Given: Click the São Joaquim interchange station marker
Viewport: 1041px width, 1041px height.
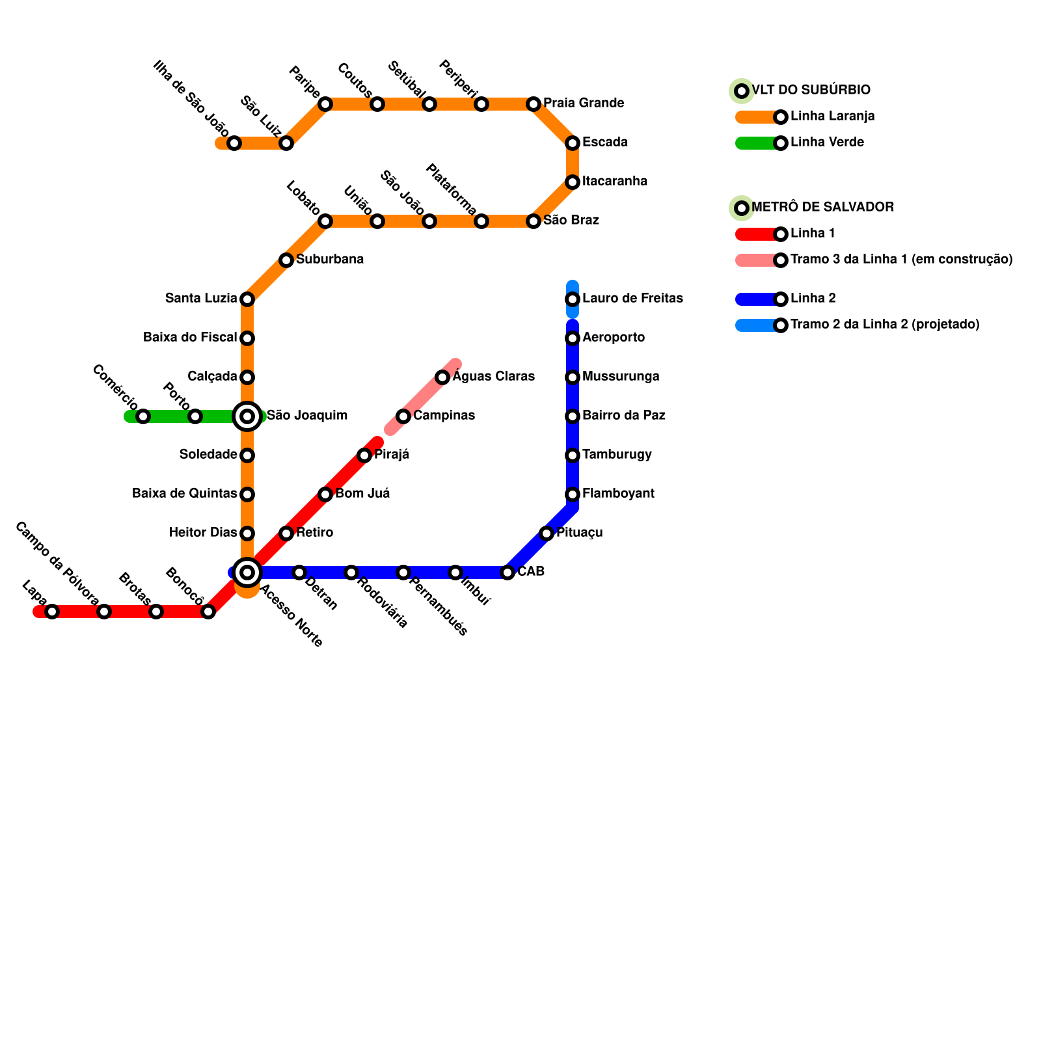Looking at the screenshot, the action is tap(247, 416).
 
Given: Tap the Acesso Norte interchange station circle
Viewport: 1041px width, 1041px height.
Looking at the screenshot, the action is tap(247, 573).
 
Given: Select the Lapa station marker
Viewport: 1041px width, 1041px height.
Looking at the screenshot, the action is tap(52, 612).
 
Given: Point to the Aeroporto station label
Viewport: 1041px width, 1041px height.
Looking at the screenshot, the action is tap(614, 338).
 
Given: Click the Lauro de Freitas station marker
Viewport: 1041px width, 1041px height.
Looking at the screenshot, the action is tap(573, 299).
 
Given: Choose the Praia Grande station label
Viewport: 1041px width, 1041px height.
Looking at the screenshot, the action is tap(584, 103).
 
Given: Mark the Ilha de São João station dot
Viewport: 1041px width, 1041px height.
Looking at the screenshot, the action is tap(234, 143).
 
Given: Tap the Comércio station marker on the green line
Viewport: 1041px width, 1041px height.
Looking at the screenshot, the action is tap(143, 416).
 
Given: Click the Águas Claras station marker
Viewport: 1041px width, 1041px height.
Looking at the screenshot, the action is tap(442, 377).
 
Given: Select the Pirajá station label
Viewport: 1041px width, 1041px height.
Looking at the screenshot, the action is tap(392, 455).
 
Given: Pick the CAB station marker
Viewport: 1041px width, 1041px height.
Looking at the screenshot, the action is tap(507, 573).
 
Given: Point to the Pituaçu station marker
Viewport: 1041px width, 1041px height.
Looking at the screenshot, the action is tap(547, 534).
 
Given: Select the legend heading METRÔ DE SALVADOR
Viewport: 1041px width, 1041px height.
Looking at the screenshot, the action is tap(822, 208).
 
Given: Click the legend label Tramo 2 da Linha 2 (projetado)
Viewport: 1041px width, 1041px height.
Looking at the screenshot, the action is tap(885, 325).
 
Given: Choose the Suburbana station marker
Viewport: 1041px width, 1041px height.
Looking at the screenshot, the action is tap(286, 260).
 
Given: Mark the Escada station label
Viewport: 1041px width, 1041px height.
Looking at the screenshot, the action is tap(604, 142).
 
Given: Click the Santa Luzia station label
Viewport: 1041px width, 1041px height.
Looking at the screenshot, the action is tap(201, 299).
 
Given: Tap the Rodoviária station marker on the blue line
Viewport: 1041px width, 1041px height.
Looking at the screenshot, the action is tap(351, 573).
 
